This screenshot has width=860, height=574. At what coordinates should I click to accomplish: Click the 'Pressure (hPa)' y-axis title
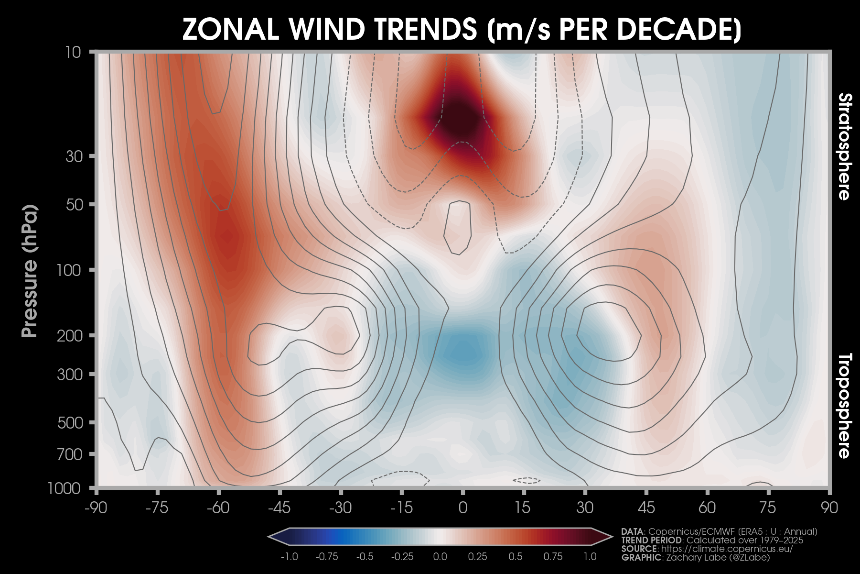pos(30,271)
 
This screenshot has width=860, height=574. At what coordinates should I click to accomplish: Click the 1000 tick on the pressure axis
pos(65,488)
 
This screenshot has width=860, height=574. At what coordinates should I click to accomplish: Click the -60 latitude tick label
pos(218,508)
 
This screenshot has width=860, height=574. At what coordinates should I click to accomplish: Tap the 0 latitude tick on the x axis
pos(462,508)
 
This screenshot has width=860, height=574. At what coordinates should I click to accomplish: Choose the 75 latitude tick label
pos(768,508)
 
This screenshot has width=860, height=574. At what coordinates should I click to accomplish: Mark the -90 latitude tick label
pos(96,508)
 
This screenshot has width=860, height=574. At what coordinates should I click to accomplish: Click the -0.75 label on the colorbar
pos(327,557)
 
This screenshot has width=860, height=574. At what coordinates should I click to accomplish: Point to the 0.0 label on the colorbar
pos(440,557)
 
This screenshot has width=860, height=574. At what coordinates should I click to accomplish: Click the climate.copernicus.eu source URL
pos(727,549)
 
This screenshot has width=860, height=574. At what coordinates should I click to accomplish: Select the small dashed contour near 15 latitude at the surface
pos(527,480)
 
